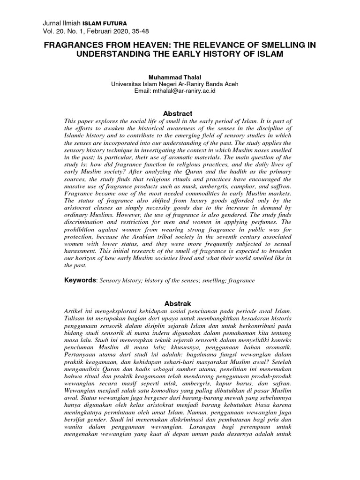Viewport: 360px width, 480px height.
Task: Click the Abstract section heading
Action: click(177, 113)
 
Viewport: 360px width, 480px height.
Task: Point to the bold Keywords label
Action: click(80, 280)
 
